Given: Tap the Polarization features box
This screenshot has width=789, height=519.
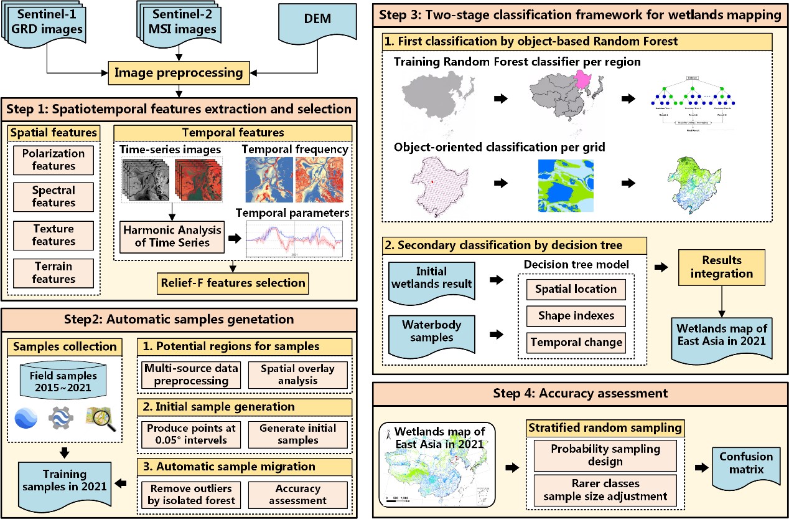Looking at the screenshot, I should coord(54,160).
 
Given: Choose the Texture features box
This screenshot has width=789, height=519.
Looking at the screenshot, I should coord(54,235).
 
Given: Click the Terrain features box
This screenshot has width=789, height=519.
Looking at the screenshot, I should coord(54,272).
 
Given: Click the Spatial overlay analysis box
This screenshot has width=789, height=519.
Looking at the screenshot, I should coord(297,374).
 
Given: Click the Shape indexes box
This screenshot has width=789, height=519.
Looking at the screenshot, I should coord(575,315).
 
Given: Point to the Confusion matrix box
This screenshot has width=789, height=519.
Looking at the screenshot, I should coord(742,462).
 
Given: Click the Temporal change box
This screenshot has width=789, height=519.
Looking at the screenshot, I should coord(575,342).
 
